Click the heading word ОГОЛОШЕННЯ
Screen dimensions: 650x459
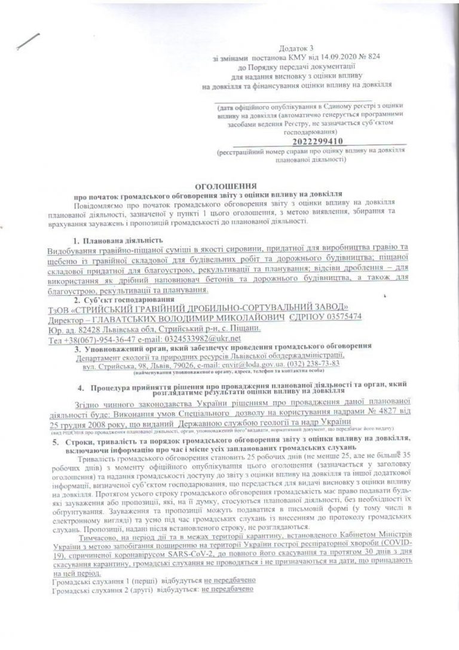[229, 186]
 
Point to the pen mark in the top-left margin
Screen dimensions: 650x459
[29, 42]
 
